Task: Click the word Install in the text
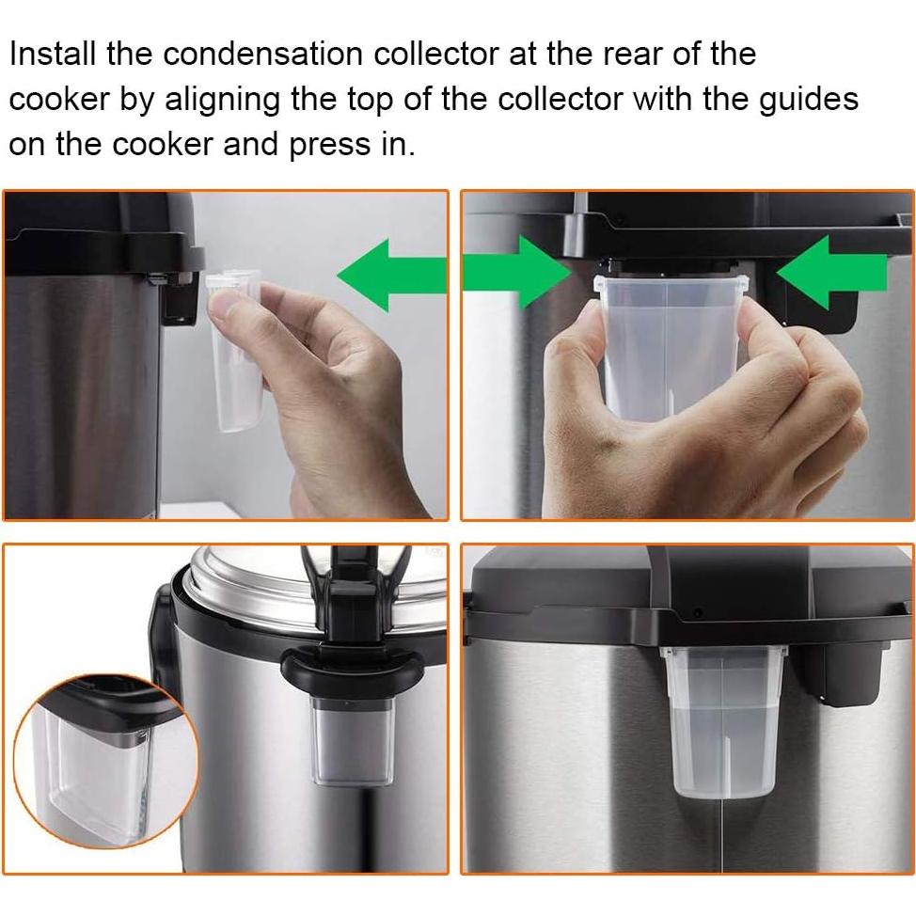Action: coord(52,54)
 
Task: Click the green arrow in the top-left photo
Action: coord(391,274)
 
